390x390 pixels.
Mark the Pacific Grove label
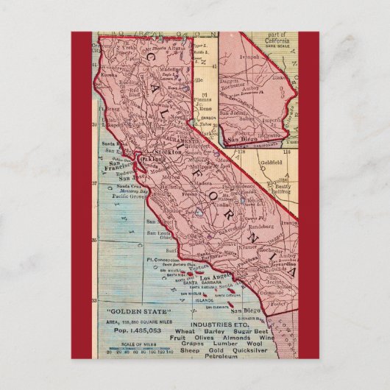126,197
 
